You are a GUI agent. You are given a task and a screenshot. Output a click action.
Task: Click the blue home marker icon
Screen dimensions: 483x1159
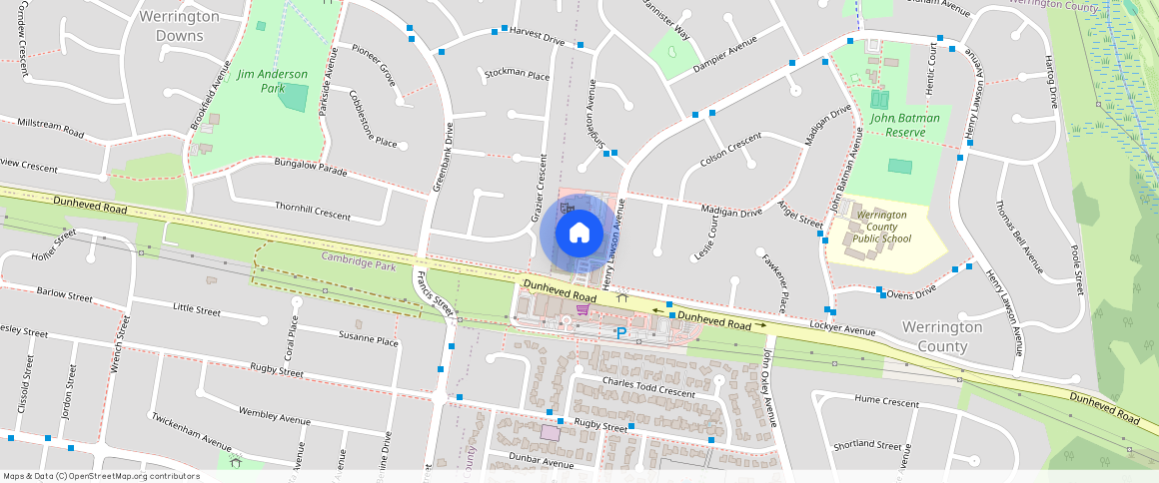click(579, 234)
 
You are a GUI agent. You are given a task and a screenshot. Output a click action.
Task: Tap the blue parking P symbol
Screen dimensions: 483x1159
click(620, 333)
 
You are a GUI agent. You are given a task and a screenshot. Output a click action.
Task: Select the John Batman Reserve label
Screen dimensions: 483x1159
click(904, 125)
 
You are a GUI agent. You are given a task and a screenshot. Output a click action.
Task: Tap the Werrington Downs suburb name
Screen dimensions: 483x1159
click(180, 26)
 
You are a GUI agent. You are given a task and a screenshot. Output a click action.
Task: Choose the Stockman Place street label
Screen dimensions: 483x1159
click(517, 75)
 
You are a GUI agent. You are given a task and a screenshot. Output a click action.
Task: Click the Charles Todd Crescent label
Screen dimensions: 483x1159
click(648, 387)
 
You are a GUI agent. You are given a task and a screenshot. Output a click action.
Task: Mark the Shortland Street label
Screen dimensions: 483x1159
click(868, 445)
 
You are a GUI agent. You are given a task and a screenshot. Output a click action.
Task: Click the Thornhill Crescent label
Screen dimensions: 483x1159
click(313, 211)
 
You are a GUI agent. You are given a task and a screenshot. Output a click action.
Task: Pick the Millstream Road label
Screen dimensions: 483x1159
click(51, 126)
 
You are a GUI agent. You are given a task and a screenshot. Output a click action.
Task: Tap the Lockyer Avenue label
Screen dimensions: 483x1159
click(842, 328)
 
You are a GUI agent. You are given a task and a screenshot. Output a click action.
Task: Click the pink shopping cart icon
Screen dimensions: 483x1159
click(582, 309)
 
